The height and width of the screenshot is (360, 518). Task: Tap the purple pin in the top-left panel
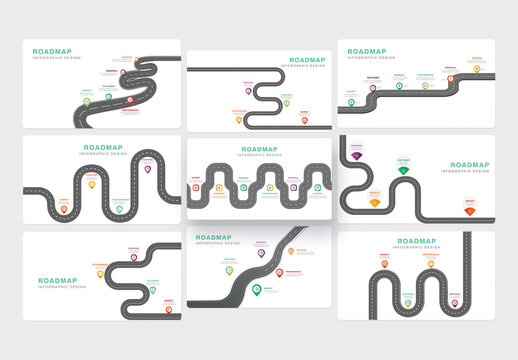[x=123, y=72]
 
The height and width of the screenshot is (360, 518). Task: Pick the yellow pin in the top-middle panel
[x=239, y=119]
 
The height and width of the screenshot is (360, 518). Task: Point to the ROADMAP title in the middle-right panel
[x=468, y=166]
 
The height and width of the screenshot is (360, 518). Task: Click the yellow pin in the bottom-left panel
[x=100, y=272]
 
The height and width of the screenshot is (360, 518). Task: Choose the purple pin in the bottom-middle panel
[x=262, y=253]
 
